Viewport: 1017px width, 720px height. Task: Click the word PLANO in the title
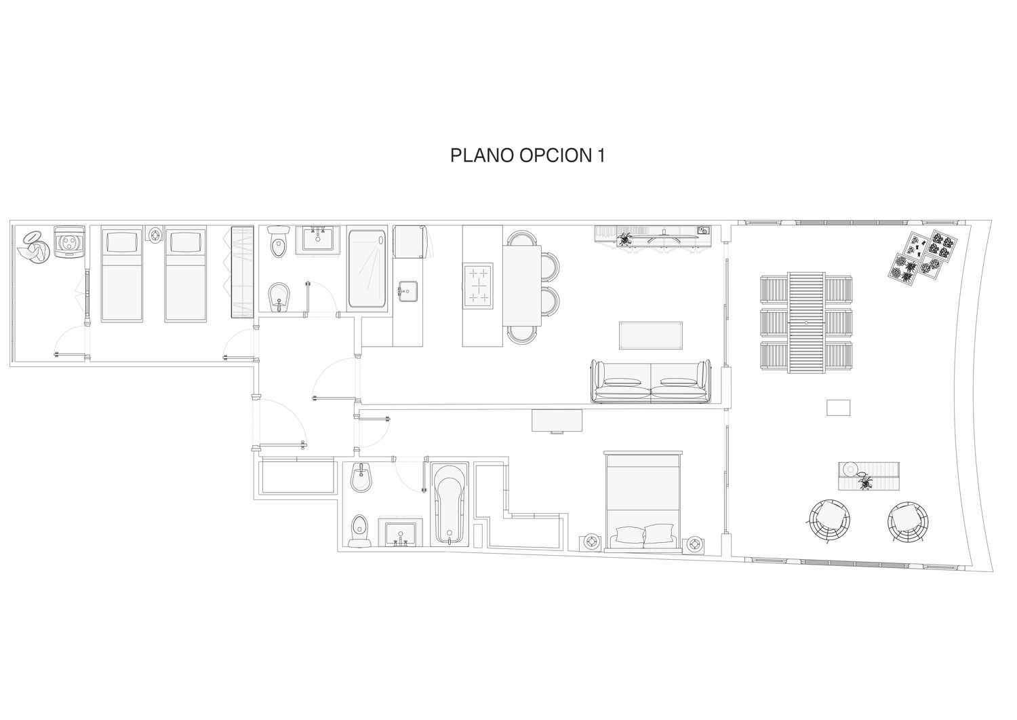pos(482,155)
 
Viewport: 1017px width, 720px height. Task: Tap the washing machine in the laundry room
pos(69,242)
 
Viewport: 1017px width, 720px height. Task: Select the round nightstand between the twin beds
pos(155,234)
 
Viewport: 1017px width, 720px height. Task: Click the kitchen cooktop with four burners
pos(478,286)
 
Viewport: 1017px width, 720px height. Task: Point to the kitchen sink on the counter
pos(408,290)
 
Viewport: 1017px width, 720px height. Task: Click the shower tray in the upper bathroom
pos(367,268)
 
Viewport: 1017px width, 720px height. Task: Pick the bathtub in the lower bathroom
pos(450,505)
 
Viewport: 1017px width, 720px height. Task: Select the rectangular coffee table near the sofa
pos(651,335)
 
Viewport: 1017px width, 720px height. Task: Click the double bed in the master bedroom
pos(643,501)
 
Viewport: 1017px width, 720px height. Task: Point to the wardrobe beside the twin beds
pos(243,272)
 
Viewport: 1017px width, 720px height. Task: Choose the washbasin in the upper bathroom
pos(318,238)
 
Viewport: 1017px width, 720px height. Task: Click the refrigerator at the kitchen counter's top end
pos(409,242)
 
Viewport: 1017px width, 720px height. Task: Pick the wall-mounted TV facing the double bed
pos(557,421)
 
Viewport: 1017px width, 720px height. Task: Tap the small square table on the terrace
pos(838,407)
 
